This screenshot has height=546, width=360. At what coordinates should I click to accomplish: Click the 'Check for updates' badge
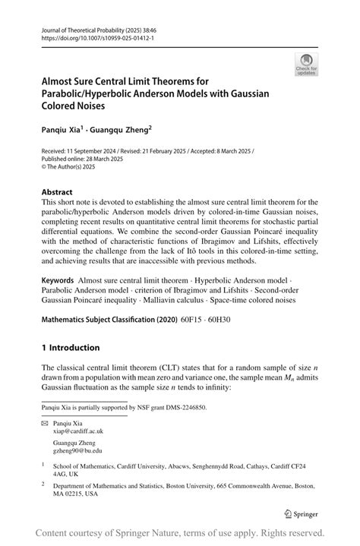tap(307, 65)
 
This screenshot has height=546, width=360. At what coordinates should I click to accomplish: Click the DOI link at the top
tap(88, 36)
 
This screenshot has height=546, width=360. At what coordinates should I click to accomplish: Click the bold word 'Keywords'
tap(58, 282)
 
